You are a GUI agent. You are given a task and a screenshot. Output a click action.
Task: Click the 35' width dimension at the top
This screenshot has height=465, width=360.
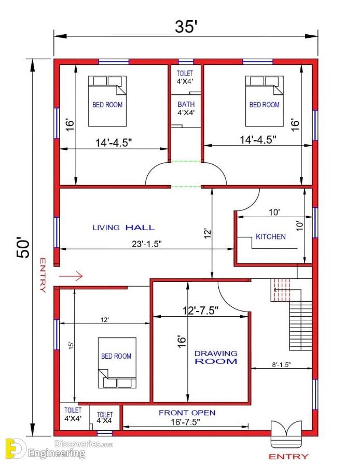(x=186, y=26)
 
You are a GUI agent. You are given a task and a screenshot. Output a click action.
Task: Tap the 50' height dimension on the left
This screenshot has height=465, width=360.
(x=23, y=247)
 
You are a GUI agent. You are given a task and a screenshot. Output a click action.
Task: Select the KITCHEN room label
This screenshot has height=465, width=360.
(x=271, y=237)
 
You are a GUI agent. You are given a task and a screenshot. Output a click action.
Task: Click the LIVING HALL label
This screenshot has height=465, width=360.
(x=123, y=228)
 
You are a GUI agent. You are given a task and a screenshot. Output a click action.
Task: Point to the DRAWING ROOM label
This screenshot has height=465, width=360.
(x=216, y=357)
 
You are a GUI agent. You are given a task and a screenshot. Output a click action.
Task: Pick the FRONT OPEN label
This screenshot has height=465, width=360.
(x=187, y=413)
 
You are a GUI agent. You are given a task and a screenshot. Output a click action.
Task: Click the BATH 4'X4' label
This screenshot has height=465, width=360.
(x=186, y=108)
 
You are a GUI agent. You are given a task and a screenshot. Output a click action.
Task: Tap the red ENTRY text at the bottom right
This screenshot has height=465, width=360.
(x=288, y=456)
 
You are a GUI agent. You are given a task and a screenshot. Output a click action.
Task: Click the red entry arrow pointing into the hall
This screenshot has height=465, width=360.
(x=71, y=276)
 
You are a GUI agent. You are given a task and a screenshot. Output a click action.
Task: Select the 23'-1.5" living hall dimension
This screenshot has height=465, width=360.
(x=147, y=244)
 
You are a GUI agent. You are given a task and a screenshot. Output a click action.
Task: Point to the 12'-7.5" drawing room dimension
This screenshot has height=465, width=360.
(x=200, y=311)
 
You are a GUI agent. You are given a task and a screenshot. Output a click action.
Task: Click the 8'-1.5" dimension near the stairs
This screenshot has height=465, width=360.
(x=281, y=364)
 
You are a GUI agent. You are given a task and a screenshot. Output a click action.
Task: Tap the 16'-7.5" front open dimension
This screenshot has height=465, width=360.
(x=185, y=421)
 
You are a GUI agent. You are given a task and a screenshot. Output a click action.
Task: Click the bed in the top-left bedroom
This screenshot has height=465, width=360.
(x=107, y=101)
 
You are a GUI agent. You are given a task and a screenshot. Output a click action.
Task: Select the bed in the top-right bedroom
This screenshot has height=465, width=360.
(x=264, y=101)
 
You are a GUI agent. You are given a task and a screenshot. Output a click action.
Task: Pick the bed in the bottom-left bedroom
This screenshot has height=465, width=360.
(x=117, y=363)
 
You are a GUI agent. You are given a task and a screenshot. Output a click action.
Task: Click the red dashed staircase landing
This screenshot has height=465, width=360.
(x=281, y=290)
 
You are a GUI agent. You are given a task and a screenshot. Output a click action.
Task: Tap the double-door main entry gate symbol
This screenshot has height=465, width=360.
(x=286, y=433)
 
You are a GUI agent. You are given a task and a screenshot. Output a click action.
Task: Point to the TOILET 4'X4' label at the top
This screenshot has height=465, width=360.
(x=185, y=77)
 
